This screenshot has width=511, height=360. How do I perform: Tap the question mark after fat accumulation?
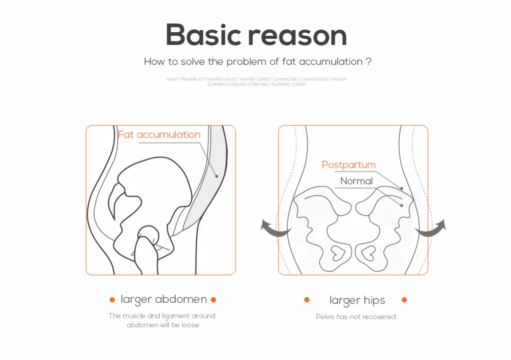(368, 62)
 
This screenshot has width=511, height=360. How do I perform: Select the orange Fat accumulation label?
(159, 134)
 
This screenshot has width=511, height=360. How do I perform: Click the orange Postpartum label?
(349, 165)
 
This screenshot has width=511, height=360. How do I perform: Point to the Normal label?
(357, 181)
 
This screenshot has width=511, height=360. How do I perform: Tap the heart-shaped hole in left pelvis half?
(338, 252)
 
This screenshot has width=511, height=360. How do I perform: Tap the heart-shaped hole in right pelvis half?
(368, 252)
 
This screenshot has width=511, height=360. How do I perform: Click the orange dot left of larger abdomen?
(112, 300)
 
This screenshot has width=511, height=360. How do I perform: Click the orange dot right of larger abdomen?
(214, 300)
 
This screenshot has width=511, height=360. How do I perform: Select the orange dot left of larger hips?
(307, 300)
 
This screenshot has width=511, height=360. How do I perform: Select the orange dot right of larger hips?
(404, 300)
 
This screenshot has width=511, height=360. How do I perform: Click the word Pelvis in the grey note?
(325, 317)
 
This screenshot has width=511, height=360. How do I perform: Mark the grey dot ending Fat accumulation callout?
(217, 176)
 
